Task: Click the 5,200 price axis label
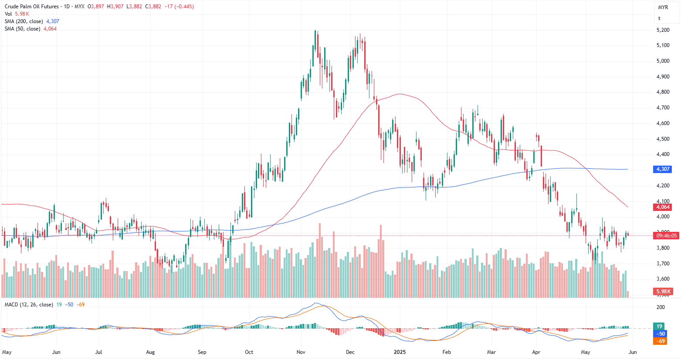pos(663,30)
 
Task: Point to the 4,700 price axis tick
pos(663,108)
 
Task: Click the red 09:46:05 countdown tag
pos(666,236)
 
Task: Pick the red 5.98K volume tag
pos(663,292)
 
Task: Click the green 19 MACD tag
pos(659,326)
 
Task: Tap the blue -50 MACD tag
pos(660,334)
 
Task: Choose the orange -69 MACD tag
pos(660,341)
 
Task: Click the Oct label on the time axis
pos(249,352)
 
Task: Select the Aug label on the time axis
pos(150,352)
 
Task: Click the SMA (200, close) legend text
pos(24,21)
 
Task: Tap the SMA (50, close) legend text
pos(22,29)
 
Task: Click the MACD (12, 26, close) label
pos(29,305)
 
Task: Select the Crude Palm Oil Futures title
pos(31,7)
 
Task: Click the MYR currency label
pos(663,7)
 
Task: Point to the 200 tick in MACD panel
pos(661,307)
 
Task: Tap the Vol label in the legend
pos(8,14)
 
